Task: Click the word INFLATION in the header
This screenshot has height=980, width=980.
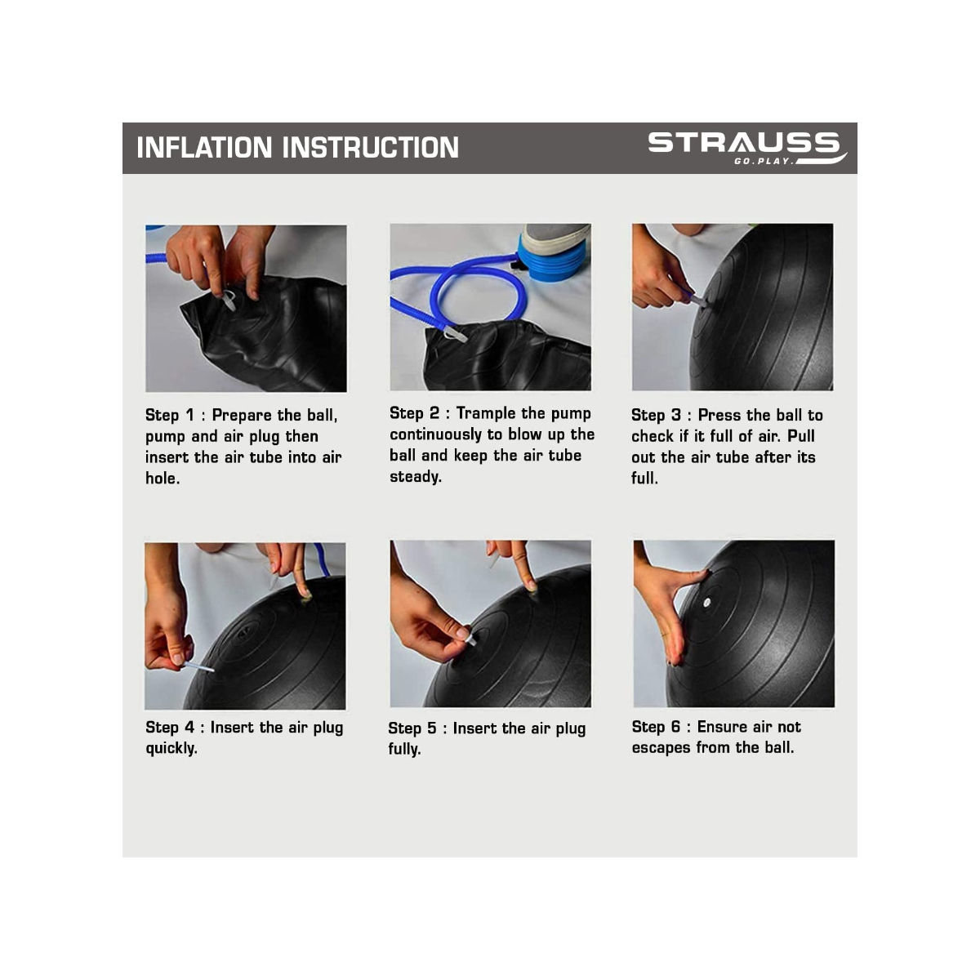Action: pos(204,148)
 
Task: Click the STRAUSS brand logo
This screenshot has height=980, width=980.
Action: pos(743,144)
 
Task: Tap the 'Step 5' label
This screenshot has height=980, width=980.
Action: pos(412,728)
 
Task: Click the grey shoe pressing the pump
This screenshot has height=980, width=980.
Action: pos(555,238)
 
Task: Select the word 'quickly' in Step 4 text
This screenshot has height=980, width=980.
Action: pos(171,749)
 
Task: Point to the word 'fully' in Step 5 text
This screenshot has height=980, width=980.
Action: pos(403,750)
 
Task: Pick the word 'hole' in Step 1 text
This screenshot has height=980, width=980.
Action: pos(161,479)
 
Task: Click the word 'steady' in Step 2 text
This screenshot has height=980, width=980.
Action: pos(414,477)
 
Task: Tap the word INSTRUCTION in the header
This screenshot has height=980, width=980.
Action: pos(370,148)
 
